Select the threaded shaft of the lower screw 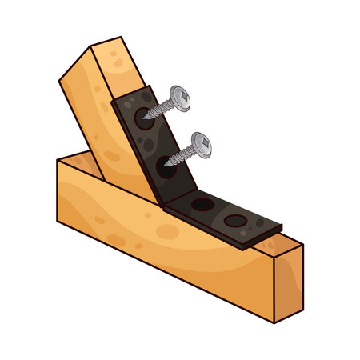coord(182,154)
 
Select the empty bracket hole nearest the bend coord(202,205)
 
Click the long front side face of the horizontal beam coord(160,240)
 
